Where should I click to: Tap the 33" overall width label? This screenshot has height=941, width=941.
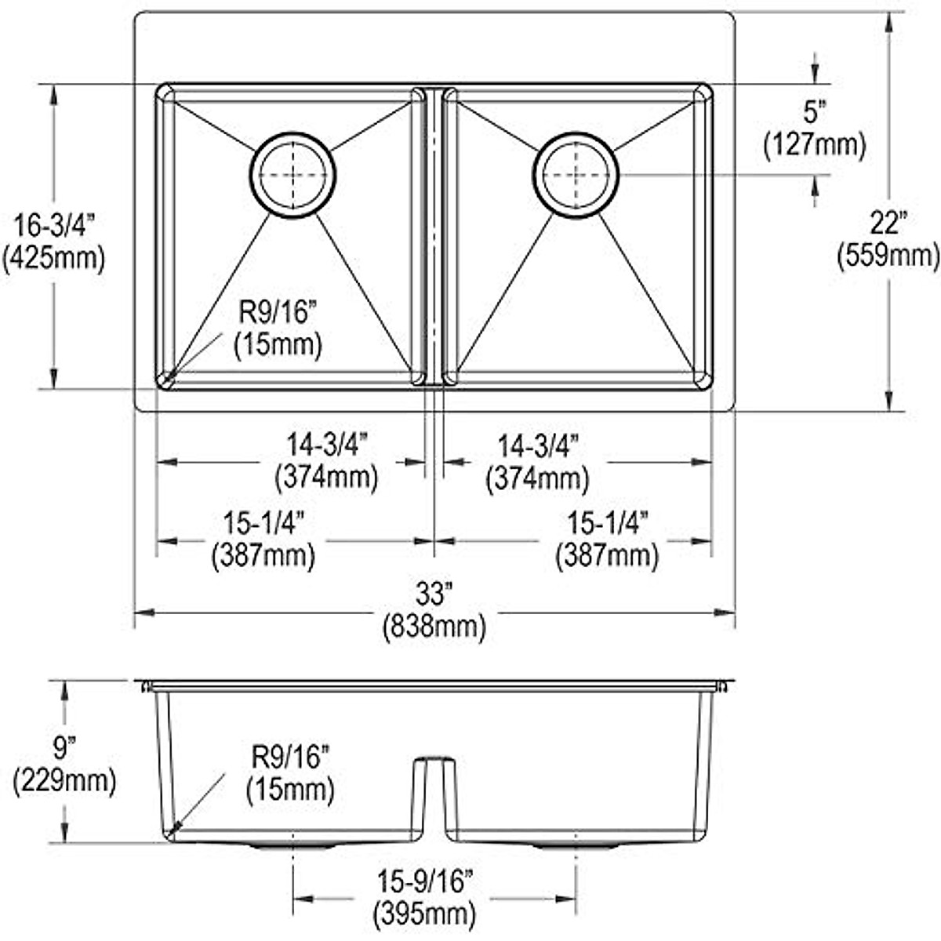coord(434,595)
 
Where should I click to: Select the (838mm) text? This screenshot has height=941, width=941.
coord(434,627)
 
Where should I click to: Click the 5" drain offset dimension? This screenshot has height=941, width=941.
coord(816,112)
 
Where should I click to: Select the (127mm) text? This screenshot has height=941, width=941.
coord(816,144)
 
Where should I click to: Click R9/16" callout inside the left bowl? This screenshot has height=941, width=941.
coord(278,314)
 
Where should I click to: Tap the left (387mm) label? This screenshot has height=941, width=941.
coord(263,555)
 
